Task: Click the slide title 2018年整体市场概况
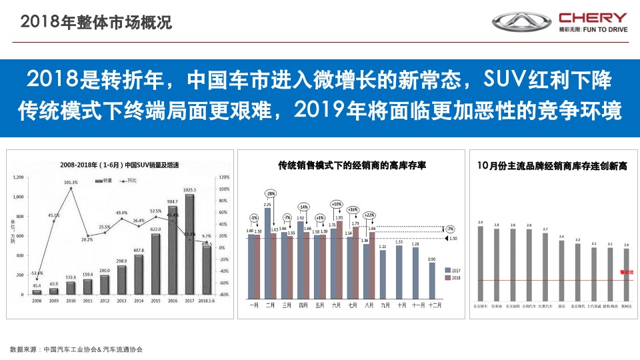(96, 23)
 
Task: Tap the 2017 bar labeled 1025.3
(189, 244)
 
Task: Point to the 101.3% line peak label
(71, 182)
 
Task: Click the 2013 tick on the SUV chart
(121, 301)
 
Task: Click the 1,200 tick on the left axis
(18, 177)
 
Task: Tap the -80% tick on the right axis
(224, 294)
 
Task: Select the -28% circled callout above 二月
(270, 193)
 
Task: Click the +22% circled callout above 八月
(369, 215)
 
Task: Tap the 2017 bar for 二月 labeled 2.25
(267, 253)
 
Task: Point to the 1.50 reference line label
(453, 238)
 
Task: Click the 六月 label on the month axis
(336, 305)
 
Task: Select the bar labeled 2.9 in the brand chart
(481, 263)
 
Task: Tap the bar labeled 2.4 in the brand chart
(561, 271)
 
